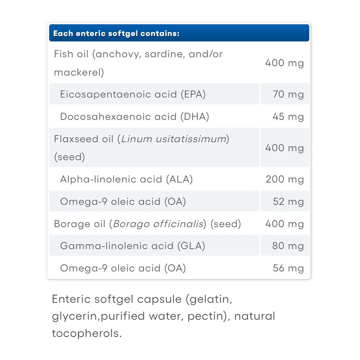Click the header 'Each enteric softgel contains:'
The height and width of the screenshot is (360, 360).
click(x=116, y=34)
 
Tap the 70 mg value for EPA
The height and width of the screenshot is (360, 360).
click(x=288, y=95)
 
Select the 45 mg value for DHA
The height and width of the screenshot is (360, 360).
click(x=288, y=117)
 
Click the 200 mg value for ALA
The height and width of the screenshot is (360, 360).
click(x=284, y=179)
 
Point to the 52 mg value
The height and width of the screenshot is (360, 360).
click(x=288, y=202)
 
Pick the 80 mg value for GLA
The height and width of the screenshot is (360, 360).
click(x=288, y=246)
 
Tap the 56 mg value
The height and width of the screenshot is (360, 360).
click(x=288, y=268)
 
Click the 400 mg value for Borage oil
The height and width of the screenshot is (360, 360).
click(x=284, y=224)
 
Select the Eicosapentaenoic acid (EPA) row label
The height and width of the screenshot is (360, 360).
click(x=133, y=95)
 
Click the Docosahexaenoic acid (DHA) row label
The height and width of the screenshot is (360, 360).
click(x=134, y=117)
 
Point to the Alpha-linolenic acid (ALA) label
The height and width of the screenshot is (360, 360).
click(x=126, y=179)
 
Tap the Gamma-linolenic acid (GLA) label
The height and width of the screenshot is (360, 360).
click(x=132, y=246)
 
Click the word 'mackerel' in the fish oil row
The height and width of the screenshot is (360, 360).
click(x=77, y=72)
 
